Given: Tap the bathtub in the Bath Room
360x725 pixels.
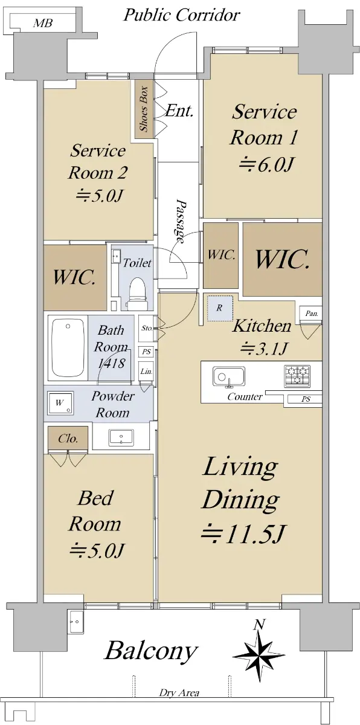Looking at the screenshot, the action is click(68, 347).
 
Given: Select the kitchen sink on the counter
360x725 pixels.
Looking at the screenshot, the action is click(228, 376).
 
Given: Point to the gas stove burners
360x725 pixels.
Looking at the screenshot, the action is click(297, 376).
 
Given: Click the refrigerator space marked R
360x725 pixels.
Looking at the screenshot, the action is click(220, 308).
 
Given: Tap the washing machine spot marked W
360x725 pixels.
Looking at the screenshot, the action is click(60, 403).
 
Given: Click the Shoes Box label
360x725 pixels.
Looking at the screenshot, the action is click(144, 109).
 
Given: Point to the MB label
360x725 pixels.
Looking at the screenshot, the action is click(42, 24).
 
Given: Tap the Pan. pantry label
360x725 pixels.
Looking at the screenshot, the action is click(312, 314).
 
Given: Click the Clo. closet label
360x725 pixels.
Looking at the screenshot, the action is click(68, 439).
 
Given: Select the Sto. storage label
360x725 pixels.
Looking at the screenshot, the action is click(147, 328).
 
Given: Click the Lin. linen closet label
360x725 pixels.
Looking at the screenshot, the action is click(147, 371).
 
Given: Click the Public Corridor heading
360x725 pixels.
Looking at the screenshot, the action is click(181, 15).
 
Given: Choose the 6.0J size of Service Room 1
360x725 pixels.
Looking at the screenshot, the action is click(266, 165).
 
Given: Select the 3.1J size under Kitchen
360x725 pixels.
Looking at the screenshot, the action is click(263, 348).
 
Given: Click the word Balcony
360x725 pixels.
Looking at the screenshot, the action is click(151, 651).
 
